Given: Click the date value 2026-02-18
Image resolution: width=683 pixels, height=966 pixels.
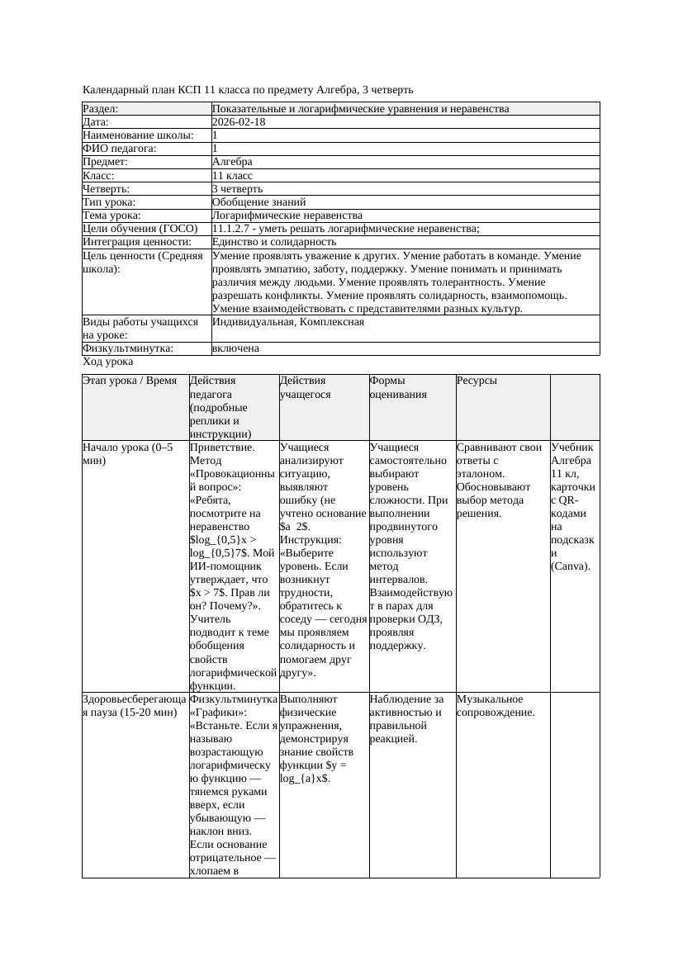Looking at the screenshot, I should click(239, 122).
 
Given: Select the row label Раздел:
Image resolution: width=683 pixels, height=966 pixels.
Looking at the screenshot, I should click(101, 109).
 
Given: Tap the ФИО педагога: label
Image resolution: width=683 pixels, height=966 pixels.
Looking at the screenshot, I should click(120, 149).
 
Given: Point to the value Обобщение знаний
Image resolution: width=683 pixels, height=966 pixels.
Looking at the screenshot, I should click(258, 201).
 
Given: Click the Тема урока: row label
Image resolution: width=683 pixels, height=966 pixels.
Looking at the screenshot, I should click(112, 215).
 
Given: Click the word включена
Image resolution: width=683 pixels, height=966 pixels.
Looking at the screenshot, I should click(235, 348).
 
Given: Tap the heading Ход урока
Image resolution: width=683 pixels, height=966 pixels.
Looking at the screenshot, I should click(107, 362).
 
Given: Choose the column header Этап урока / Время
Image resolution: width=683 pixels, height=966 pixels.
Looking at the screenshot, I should click(130, 381).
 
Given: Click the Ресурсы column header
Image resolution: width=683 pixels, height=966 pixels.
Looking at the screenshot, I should click(476, 381).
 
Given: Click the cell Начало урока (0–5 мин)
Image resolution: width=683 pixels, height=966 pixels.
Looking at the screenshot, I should click(128, 453).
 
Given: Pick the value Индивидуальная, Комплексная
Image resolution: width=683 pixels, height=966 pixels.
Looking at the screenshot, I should click(287, 322).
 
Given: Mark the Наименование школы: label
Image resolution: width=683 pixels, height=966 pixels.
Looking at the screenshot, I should click(138, 135).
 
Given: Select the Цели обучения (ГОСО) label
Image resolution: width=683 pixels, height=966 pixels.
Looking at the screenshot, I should click(140, 228).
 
